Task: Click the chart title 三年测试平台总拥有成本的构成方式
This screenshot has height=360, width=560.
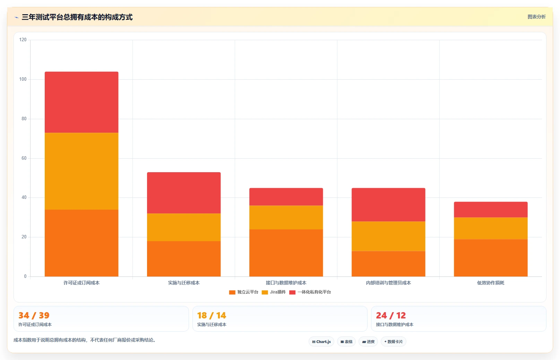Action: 77,17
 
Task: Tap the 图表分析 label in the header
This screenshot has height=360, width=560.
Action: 536,17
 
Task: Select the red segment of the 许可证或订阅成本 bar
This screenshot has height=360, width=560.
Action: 81,102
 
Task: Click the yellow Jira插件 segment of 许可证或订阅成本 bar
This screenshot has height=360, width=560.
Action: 81,171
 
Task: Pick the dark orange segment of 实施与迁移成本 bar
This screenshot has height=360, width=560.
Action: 184,259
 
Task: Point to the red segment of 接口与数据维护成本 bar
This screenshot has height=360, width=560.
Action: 286,197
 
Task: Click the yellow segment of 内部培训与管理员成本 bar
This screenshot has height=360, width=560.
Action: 388,236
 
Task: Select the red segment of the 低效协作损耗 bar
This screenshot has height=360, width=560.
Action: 491,210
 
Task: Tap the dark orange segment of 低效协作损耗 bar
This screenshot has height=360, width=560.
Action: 491,258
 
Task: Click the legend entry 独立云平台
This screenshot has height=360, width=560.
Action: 244,292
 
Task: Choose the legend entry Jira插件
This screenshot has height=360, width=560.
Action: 274,292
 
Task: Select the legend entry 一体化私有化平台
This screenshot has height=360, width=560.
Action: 310,292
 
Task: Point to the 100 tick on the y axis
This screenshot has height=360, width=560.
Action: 23,79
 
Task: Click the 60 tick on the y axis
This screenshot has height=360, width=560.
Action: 24,158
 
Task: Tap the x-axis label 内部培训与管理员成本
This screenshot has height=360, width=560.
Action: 388,283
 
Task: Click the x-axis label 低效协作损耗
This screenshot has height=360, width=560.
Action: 491,283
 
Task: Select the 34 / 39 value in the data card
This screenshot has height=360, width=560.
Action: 34,315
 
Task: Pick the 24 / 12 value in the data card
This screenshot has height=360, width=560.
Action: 391,315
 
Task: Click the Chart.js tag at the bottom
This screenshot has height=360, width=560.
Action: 321,342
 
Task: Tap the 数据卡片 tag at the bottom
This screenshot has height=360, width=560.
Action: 394,342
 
